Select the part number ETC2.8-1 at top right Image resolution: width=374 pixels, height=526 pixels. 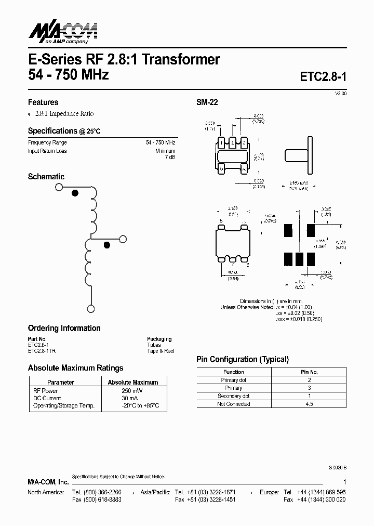(x=323, y=76)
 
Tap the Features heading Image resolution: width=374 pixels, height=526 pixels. (x=43, y=102)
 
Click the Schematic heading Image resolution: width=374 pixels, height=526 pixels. (x=46, y=177)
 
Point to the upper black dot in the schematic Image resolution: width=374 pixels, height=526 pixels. (x=75, y=193)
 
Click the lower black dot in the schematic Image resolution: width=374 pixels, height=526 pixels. (x=107, y=245)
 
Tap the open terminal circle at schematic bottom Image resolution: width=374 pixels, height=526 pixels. (x=91, y=309)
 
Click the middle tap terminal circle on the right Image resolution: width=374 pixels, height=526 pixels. (x=123, y=239)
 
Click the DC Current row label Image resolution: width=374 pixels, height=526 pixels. (x=47, y=398)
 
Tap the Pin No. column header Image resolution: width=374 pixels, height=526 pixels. (x=309, y=372)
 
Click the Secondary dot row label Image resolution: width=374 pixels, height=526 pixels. (x=233, y=396)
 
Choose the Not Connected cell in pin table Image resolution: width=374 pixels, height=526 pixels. (x=233, y=404)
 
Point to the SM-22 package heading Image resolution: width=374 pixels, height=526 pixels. (x=207, y=102)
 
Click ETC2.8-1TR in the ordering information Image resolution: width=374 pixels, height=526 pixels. (x=42, y=351)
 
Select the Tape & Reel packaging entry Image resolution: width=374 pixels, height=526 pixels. (x=161, y=351)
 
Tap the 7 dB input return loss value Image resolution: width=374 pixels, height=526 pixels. (x=170, y=157)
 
